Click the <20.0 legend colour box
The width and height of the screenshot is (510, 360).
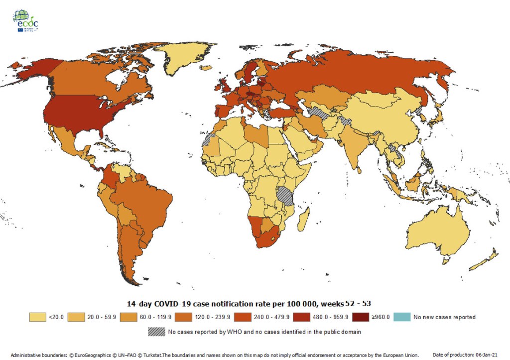[x=37, y=317]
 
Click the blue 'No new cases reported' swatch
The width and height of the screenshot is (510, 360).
[x=401, y=317]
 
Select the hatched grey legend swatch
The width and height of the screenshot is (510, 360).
[x=156, y=331]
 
